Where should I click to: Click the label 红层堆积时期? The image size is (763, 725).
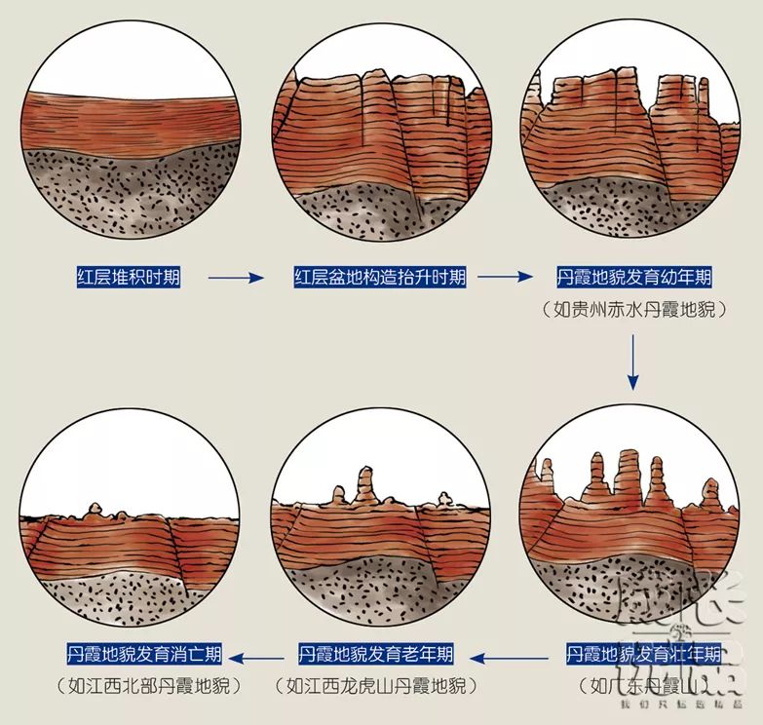click(129, 277)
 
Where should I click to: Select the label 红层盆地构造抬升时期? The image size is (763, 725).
click(380, 277)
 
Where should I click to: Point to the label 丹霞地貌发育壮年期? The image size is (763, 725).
click(644, 652)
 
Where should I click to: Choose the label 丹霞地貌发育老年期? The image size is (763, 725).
click(375, 652)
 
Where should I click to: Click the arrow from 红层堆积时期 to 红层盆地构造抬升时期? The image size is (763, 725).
click(236, 278)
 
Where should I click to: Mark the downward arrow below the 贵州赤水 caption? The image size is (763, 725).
click(634, 361)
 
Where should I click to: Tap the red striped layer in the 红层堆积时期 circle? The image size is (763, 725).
click(129, 121)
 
